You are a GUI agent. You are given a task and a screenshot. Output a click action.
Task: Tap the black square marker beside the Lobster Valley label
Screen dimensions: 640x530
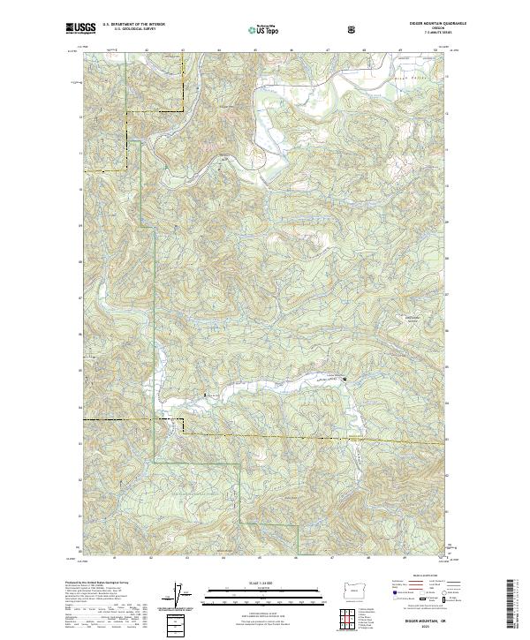pyautogui.click(x=345, y=380)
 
